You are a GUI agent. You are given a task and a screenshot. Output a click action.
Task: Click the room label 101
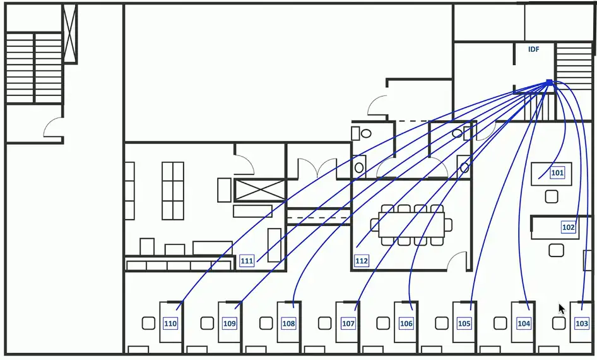click(557, 172)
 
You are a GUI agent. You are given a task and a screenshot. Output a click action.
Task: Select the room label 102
click(568, 227)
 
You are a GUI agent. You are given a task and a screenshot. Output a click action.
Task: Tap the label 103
click(582, 323)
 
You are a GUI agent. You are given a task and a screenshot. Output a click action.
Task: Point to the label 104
click(523, 323)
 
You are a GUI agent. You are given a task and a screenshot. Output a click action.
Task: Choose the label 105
click(464, 323)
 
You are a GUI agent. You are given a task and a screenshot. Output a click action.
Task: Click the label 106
click(406, 323)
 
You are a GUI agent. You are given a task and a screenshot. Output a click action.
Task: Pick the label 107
click(348, 323)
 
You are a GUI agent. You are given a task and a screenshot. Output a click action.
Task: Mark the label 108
click(288, 323)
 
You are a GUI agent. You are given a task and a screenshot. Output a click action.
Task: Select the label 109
click(230, 323)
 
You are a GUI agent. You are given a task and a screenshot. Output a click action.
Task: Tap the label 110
click(170, 323)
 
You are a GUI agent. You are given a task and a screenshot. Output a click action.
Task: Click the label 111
click(247, 261)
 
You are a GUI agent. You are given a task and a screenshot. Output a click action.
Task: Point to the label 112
click(362, 261)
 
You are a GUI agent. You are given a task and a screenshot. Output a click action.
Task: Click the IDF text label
click(534, 49)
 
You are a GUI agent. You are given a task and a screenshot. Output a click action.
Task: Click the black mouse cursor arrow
click(561, 309)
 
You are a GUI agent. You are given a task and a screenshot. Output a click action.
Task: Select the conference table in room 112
click(411, 224)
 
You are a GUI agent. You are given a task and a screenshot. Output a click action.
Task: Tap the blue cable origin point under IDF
click(549, 82)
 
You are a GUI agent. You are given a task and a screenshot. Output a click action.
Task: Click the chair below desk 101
click(552, 196)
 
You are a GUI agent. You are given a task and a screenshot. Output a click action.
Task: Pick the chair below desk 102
click(556, 250)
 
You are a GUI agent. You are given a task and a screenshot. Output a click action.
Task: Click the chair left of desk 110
click(148, 323)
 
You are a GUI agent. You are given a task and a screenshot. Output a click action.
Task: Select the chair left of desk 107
click(324, 323)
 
